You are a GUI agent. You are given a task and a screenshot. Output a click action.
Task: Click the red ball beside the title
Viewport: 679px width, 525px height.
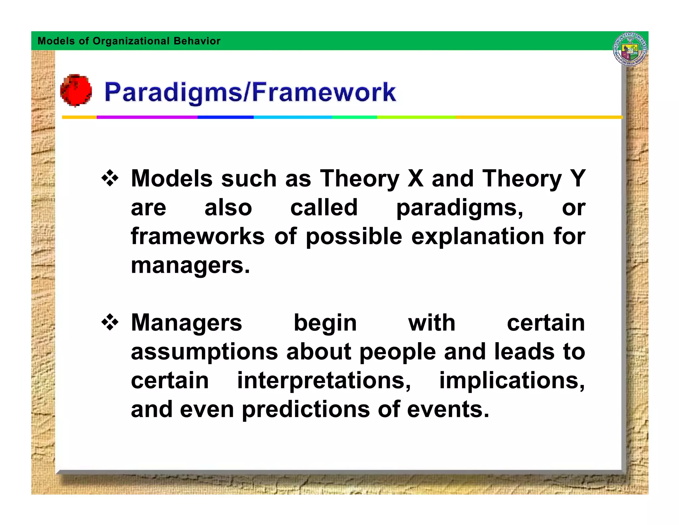point(76,90)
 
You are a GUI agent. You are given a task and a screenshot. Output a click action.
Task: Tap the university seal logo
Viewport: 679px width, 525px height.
point(630,49)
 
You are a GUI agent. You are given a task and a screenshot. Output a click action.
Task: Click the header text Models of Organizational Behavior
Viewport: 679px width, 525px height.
point(129,41)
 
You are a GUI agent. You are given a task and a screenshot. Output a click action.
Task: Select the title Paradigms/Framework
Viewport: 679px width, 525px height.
point(250,92)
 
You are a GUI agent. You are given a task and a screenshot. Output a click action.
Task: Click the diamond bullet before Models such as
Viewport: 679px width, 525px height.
point(110,179)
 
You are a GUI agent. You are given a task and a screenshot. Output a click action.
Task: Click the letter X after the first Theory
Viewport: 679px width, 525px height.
point(415,179)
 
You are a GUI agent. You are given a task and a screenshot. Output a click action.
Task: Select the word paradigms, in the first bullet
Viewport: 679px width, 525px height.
point(460,208)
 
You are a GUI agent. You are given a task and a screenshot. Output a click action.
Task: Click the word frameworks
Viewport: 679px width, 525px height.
point(198,236)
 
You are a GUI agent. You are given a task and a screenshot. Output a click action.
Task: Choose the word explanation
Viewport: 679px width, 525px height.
point(477,237)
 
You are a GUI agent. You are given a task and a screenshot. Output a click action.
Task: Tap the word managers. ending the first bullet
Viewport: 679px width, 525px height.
point(190,266)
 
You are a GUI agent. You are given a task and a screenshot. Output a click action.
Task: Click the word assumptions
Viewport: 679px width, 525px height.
point(204,352)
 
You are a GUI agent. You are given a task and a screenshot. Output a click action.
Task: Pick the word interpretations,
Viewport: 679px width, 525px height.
point(324,381)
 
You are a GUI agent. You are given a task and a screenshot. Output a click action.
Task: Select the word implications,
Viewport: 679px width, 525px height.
point(512,380)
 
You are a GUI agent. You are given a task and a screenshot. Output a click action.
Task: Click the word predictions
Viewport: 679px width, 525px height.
point(305,409)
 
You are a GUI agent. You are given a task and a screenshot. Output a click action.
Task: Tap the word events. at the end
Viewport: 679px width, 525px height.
point(448,409)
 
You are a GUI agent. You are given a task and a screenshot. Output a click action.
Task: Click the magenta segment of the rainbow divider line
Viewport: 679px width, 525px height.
point(147,117)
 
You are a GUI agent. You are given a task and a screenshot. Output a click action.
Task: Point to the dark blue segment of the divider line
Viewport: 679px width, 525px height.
point(225,117)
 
